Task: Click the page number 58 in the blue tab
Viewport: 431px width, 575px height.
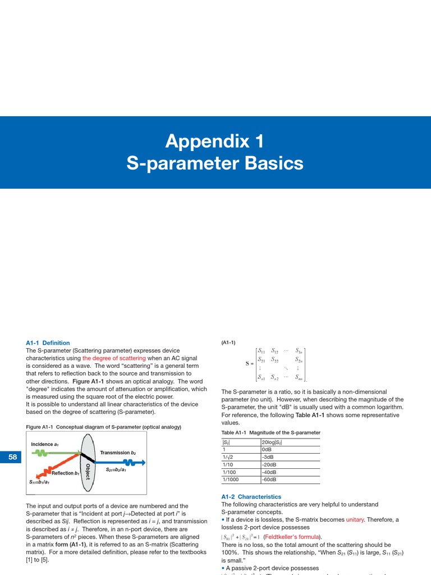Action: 12,457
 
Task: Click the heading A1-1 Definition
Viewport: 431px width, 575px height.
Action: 48,343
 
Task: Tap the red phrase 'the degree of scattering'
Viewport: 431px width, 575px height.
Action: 114,358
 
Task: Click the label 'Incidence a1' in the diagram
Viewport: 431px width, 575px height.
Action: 45,444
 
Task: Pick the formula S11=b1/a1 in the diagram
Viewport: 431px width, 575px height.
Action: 39,482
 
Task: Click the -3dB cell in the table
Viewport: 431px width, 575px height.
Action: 270,457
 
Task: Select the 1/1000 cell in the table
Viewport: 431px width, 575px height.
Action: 231,479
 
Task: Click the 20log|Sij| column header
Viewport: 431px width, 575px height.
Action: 273,442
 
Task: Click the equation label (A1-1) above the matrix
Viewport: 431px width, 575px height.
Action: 228,343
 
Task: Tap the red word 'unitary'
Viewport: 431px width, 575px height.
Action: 355,519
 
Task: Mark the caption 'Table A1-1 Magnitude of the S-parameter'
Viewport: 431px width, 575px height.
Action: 270,432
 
